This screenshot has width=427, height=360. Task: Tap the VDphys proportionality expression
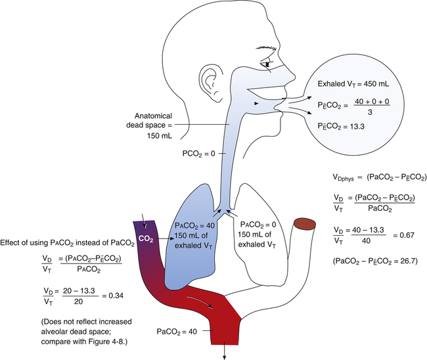click(379, 177)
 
